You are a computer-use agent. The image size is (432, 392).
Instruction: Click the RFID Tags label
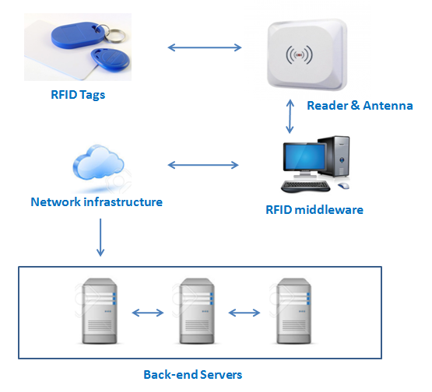pyautogui.click(x=78, y=95)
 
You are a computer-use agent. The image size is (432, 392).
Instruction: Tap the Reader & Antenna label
pyautogui.click(x=360, y=106)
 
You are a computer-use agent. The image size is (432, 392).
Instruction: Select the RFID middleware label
pyautogui.click(x=314, y=210)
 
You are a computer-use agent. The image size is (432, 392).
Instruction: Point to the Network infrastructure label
pyautogui.click(x=97, y=201)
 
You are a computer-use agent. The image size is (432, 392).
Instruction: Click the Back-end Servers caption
pyautogui.click(x=193, y=375)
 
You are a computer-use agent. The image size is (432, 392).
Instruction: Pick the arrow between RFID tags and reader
pyautogui.click(x=205, y=47)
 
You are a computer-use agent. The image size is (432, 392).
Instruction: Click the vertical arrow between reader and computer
pyautogui.click(x=290, y=117)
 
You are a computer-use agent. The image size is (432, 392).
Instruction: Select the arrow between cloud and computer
pyautogui.click(x=203, y=165)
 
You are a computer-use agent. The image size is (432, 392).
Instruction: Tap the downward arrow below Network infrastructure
pyautogui.click(x=100, y=237)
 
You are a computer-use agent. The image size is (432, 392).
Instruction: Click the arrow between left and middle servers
pyautogui.click(x=148, y=313)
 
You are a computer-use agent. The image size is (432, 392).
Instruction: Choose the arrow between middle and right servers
pyautogui.click(x=244, y=313)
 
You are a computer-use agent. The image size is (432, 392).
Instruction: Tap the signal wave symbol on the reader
pyautogui.click(x=299, y=54)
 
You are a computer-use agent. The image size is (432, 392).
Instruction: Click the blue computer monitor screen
pyautogui.click(x=305, y=156)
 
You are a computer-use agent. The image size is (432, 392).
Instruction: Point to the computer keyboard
pyautogui.click(x=306, y=186)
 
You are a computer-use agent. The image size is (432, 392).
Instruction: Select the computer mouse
pyautogui.click(x=343, y=186)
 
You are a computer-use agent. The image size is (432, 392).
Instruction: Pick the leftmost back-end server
pyautogui.click(x=100, y=311)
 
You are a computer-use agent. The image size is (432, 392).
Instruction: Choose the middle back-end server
pyautogui.click(x=197, y=311)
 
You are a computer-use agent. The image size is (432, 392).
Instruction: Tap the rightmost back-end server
pyautogui.click(x=294, y=311)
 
